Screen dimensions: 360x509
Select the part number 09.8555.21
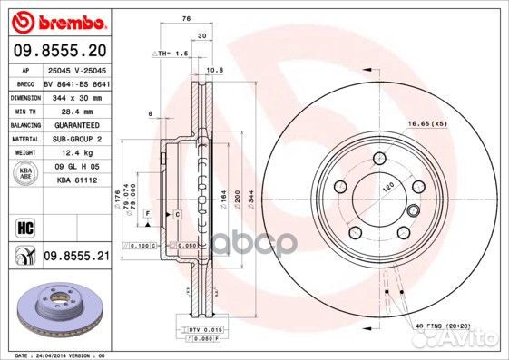pos(75,258)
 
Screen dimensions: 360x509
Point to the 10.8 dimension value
pos(215,69)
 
